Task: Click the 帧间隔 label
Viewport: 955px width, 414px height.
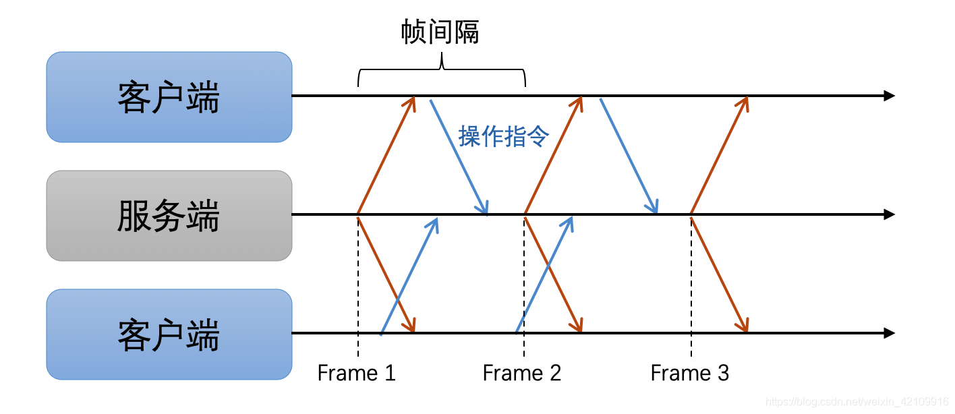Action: (x=440, y=32)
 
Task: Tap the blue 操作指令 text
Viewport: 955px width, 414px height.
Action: (x=504, y=136)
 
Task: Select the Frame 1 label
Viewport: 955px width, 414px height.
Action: (x=356, y=373)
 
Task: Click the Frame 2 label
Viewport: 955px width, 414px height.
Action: (x=521, y=373)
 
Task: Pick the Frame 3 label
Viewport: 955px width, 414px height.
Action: (x=689, y=373)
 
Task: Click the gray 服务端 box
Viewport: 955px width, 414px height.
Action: (x=169, y=215)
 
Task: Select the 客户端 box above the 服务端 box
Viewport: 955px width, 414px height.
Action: (x=169, y=97)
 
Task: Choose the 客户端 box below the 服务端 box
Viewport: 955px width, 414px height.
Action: (x=169, y=334)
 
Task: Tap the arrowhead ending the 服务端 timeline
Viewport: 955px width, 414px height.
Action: (x=889, y=214)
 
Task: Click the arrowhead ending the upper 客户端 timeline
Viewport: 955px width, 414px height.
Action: (x=889, y=96)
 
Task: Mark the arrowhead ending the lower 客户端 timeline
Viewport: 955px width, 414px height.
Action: (x=889, y=333)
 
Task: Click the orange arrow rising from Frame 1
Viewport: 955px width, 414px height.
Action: (x=386, y=155)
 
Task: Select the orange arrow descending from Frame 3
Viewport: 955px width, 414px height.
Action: (x=719, y=274)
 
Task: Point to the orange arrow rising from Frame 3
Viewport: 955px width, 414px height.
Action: (x=719, y=155)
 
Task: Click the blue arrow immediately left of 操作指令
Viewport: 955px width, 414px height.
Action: (x=459, y=155)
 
